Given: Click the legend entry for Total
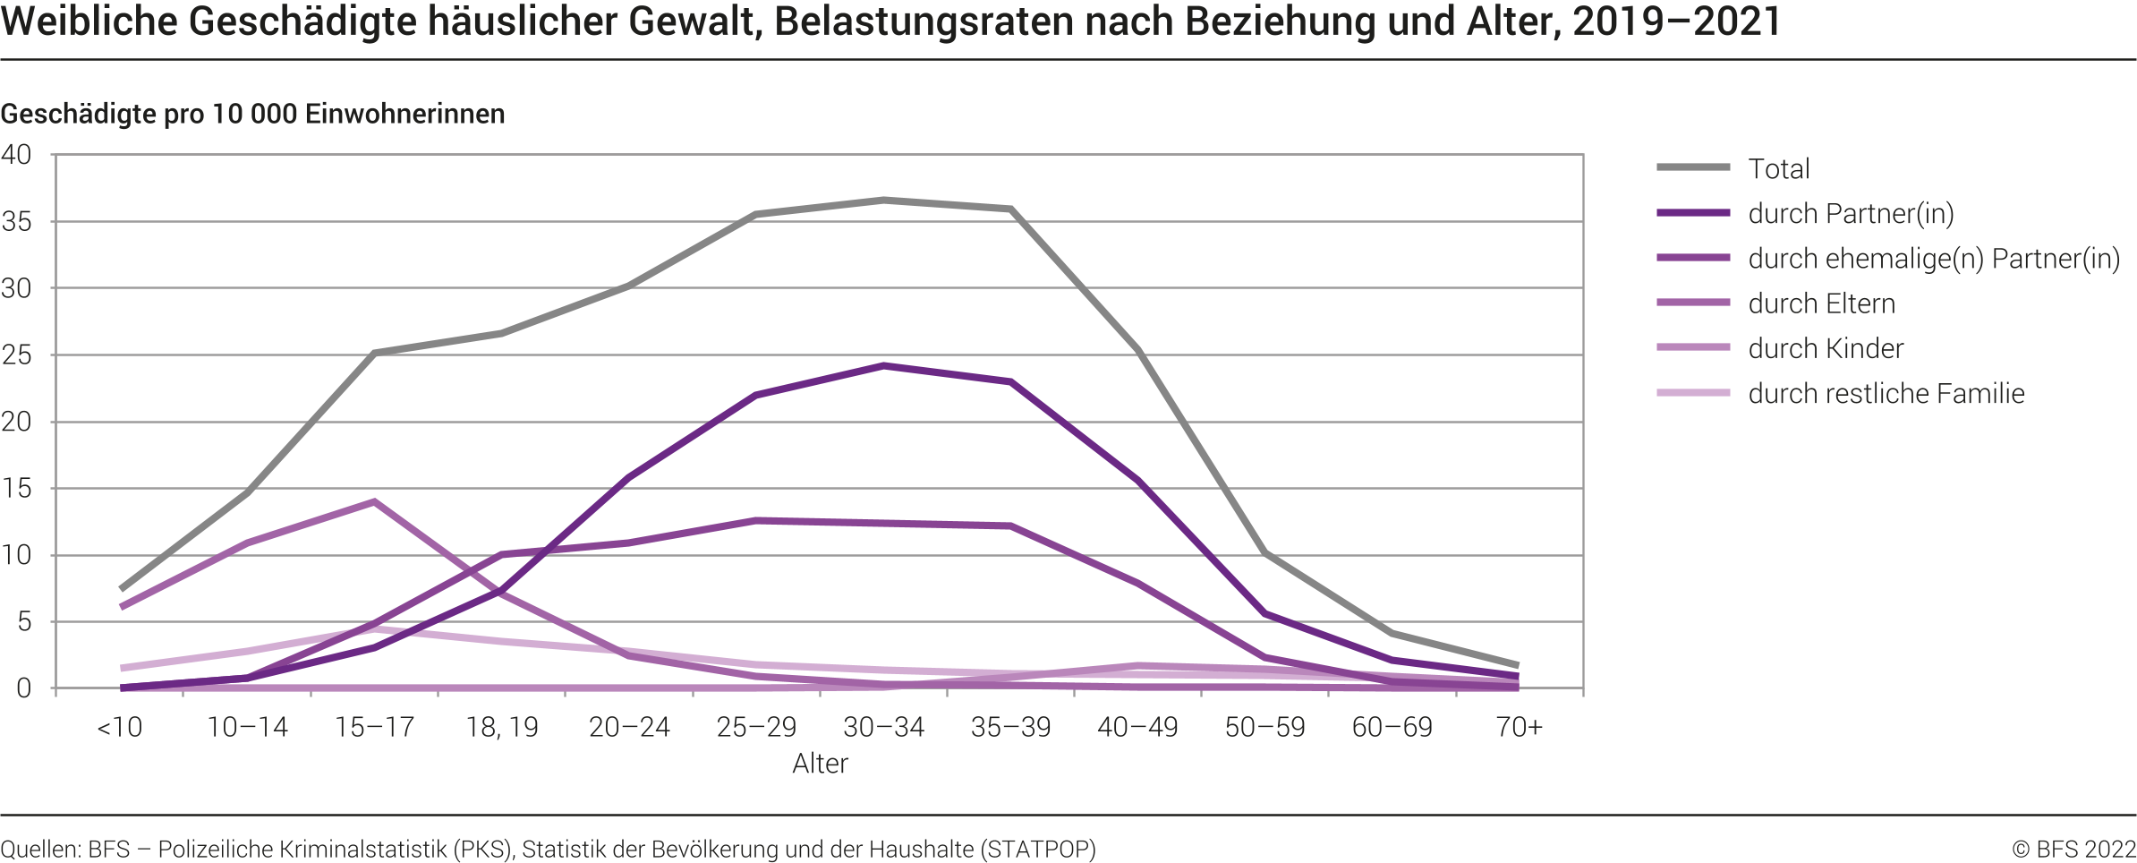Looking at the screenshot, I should click(x=1778, y=168).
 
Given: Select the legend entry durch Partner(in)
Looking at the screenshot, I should click(x=1850, y=214).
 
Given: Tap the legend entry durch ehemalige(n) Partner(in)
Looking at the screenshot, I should click(x=1933, y=259).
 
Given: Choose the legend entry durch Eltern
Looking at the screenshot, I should click(x=1821, y=303).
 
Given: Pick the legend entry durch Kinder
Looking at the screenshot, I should click(x=1826, y=348).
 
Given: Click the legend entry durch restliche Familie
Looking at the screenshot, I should click(x=1886, y=393).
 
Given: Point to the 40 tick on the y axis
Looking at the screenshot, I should click(x=16, y=155).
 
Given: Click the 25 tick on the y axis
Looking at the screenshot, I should click(x=16, y=355).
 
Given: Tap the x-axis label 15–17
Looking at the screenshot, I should click(x=374, y=727).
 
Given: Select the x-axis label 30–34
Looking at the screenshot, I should click(x=883, y=727).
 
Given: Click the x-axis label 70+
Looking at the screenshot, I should click(x=1519, y=727).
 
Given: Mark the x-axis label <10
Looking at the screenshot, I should click(x=120, y=727).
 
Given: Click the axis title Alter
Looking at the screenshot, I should click(x=820, y=764).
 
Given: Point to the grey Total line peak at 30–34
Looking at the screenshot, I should click(x=883, y=201).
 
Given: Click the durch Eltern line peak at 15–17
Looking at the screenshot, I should click(x=374, y=502).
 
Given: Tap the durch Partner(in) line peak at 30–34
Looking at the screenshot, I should click(x=883, y=366).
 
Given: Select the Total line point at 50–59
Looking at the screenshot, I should click(x=1264, y=553).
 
